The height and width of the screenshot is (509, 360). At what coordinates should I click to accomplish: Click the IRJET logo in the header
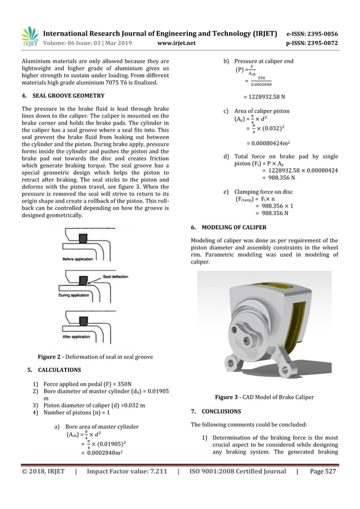[30, 36]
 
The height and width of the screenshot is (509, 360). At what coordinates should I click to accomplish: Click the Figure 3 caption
[270, 396]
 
